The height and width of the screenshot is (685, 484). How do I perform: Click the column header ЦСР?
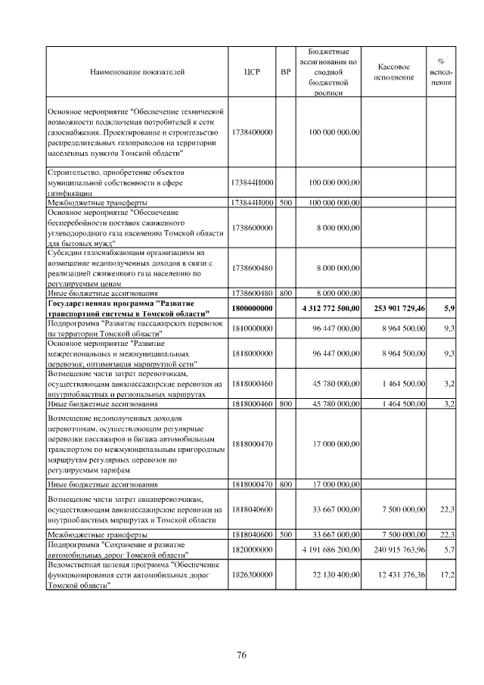point(253,72)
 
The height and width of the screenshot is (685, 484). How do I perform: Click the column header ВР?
point(285,72)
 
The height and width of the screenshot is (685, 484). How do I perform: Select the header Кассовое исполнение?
point(394,72)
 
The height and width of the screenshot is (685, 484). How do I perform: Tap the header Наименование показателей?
point(137,72)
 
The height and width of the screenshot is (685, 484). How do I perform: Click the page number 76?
point(241,655)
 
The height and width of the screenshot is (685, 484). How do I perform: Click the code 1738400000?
point(253,132)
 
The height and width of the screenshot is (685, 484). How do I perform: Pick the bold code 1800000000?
point(253,309)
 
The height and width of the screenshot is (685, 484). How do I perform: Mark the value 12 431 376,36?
point(398,576)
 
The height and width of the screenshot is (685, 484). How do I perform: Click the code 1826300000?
point(253,576)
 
